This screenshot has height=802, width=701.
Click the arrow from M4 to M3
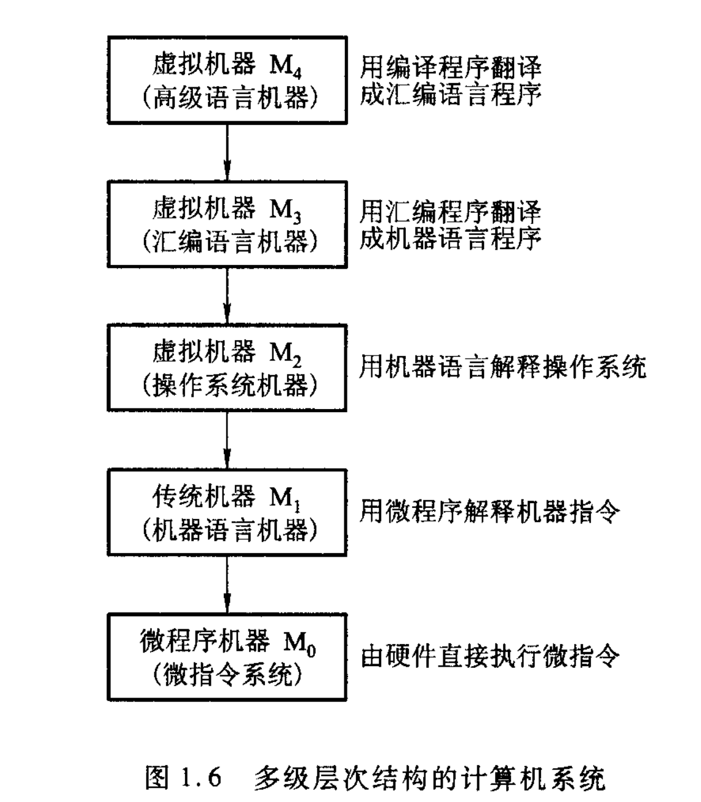click(x=227, y=153)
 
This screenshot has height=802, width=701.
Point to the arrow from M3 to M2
click(x=227, y=296)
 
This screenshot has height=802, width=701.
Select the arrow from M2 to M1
click(x=227, y=440)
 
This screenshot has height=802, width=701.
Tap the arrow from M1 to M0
click(x=227, y=585)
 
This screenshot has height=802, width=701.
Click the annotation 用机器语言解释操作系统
click(x=503, y=367)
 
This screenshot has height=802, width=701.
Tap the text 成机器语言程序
click(x=451, y=239)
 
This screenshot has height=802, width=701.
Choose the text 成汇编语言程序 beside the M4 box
click(x=451, y=95)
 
